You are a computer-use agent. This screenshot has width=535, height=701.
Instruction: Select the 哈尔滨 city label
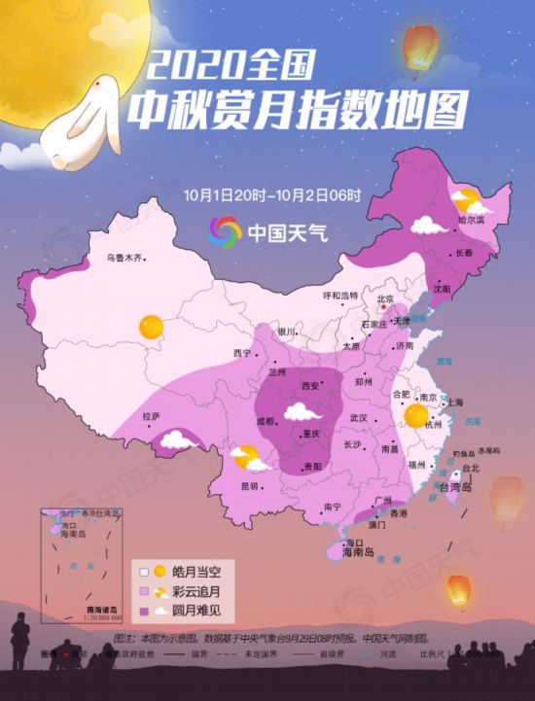[471, 221]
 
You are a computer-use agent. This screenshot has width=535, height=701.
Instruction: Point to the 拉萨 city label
[150, 416]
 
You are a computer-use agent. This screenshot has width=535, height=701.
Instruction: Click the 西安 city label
[311, 386]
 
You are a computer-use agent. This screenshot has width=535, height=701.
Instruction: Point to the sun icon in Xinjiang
[151, 327]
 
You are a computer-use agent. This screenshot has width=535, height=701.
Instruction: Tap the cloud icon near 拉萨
[177, 439]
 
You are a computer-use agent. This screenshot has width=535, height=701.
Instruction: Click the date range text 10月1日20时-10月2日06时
[271, 194]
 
